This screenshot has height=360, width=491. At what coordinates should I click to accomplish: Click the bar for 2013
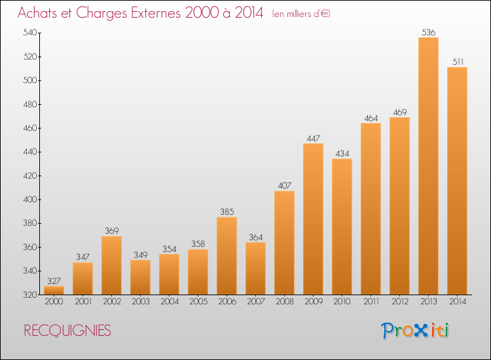pos(428,166)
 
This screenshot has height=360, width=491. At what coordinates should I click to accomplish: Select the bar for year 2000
pos(54,290)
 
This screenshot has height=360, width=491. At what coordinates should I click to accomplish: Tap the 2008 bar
pos(284,243)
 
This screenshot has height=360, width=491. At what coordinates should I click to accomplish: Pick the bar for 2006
pos(227,256)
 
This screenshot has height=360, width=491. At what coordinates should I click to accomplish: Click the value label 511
pos(458,62)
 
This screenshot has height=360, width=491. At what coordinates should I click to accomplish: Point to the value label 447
pos(314,138)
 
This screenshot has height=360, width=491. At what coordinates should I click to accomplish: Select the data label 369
pos(112,230)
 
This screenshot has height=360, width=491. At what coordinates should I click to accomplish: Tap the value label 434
pos(342,154)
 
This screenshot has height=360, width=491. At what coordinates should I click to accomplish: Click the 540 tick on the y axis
pos(30,33)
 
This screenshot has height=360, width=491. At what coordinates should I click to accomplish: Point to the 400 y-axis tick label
pos(30,200)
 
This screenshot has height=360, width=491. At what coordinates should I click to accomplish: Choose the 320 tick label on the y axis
pos(30,295)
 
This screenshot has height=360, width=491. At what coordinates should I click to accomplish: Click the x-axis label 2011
pos(371,302)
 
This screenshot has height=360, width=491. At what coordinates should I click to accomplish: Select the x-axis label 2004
pos(170,302)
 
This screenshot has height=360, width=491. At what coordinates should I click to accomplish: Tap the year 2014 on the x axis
pos(458,302)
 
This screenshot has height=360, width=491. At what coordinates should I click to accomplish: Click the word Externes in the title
pos(156,13)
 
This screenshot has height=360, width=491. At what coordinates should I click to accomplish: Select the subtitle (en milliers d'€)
pos(301,14)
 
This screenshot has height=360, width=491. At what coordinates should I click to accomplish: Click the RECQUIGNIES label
pos(67,331)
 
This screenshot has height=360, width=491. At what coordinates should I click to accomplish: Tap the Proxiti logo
pos(415,331)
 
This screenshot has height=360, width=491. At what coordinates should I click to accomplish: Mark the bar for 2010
pos(342,226)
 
